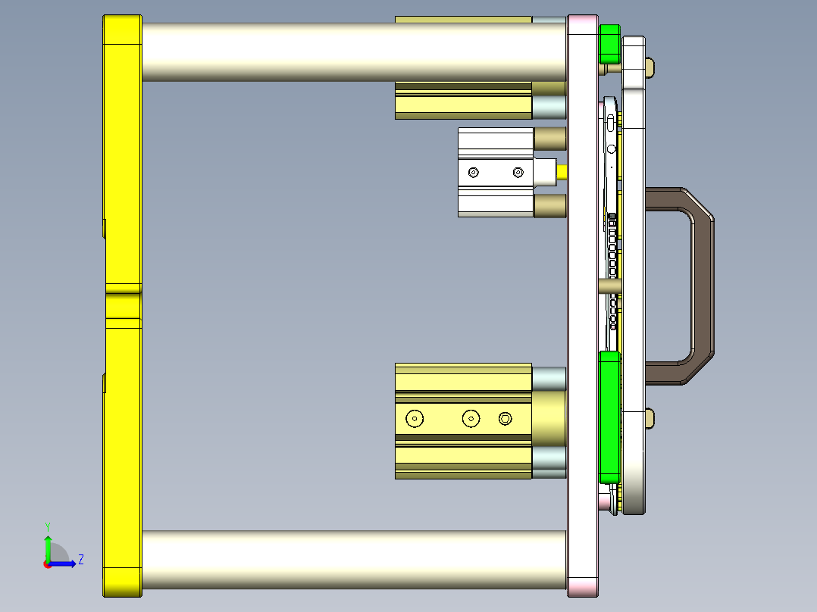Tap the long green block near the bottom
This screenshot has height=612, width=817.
(609, 417)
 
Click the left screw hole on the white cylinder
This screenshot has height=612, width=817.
(474, 173)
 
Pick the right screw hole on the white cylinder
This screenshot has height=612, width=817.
(518, 173)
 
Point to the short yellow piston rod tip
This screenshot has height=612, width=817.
(562, 172)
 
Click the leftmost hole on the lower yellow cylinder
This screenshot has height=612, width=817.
(415, 418)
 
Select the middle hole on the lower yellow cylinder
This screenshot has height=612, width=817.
(471, 418)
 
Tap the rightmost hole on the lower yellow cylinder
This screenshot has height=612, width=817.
(506, 418)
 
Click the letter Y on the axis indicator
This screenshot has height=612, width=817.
(47, 526)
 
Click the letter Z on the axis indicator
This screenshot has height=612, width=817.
(80, 560)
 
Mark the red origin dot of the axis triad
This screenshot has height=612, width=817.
(47, 564)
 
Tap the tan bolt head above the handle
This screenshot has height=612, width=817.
(651, 67)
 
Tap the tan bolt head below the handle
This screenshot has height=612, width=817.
(651, 417)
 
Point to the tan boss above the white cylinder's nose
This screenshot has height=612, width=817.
(550, 139)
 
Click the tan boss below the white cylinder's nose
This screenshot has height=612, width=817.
(550, 205)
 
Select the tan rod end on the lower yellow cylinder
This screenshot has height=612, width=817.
(549, 418)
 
